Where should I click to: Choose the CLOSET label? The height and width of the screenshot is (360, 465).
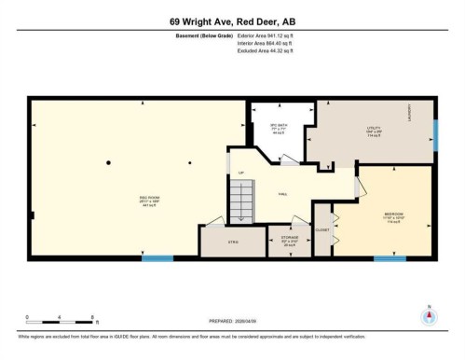pos(321,228)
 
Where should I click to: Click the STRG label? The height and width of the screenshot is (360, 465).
pos(233,242)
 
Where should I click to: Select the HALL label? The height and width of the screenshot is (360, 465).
pos(280,193)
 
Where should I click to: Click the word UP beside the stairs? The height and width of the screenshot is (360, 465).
pos(241,173)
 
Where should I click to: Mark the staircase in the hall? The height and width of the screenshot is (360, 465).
pos(241,200)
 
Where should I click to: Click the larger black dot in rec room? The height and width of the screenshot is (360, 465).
pos(109,163)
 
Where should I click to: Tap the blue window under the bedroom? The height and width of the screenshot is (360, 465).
pos(390,257)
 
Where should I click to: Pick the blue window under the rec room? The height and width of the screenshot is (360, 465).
pos(157,257)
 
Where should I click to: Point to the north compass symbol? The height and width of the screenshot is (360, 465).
pos(428,314)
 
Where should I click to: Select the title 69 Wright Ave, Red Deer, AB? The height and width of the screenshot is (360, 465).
pos(232,21)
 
